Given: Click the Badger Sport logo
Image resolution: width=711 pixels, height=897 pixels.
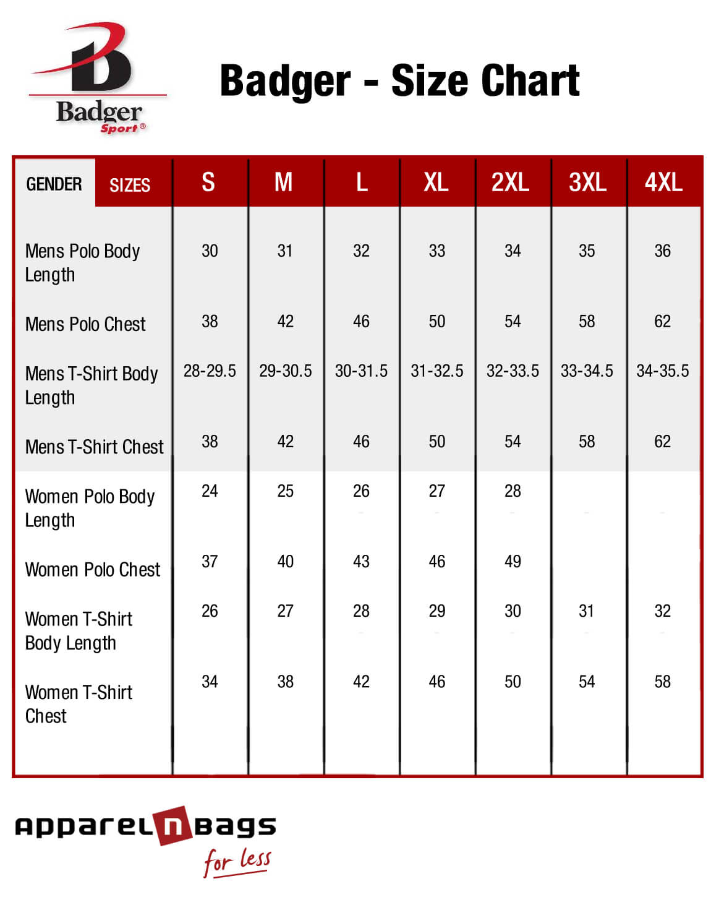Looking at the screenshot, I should point(98,77).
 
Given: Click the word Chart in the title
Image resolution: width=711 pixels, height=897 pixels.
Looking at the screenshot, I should point(530,80).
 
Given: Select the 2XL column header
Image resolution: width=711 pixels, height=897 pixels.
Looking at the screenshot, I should point(510,182).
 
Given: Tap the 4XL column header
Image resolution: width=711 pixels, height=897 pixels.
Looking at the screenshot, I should point(663,182).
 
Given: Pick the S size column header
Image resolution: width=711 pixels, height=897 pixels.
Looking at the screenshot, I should point(208,182).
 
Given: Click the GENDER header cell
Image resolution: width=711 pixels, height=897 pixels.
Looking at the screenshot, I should point(54,184).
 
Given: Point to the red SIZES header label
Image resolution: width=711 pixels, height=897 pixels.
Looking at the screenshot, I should point(130,185).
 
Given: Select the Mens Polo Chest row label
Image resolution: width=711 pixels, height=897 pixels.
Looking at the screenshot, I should point(85,324).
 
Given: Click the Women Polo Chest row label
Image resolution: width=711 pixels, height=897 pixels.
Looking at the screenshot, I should point(93,570).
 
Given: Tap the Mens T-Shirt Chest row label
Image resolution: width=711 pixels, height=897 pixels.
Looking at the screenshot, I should point(95,447).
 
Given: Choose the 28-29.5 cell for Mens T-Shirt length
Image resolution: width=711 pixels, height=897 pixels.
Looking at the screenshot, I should point(210,371).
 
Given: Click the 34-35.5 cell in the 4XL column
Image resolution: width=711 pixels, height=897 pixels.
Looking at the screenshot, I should point(662,371).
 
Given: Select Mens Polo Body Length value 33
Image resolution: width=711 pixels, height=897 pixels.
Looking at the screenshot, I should point(436,251).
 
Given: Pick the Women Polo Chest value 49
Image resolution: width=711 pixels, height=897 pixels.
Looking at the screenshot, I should point(513,562).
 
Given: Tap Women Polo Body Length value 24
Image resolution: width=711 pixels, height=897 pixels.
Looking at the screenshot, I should point(210,491).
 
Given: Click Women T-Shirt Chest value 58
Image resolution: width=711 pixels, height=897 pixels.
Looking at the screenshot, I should point(662,682).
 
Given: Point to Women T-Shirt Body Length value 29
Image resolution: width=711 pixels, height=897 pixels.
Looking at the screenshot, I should point(436,611).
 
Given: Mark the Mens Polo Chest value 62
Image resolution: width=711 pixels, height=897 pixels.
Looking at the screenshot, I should point(662,322).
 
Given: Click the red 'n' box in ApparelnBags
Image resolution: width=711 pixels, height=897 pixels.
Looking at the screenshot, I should point(174,826).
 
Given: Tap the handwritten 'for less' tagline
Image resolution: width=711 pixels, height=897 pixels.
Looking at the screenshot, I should point(237,861).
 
